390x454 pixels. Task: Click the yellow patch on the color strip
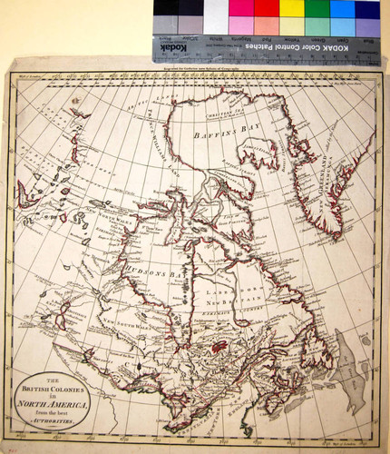tap(291, 9)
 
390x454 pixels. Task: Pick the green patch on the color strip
tap(317, 9)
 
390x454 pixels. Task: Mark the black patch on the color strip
tap(166, 9)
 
